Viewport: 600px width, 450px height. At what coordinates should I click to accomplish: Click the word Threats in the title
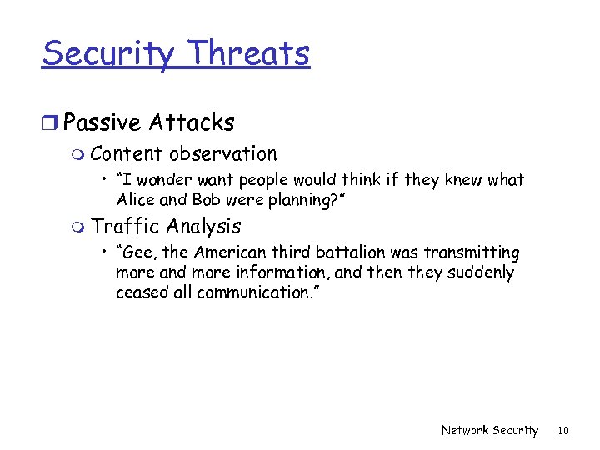[x=248, y=53]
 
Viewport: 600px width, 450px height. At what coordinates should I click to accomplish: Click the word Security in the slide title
[x=108, y=55]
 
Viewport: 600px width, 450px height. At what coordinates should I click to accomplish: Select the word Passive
[x=102, y=123]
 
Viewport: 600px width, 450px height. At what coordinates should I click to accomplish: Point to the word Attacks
[x=192, y=123]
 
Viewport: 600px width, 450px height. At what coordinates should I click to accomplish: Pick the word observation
[x=222, y=154]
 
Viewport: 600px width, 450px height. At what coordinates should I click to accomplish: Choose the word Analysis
[x=203, y=227]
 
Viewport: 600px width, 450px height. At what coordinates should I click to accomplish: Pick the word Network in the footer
[x=465, y=430]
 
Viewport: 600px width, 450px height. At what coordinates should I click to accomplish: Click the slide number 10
[x=562, y=430]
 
